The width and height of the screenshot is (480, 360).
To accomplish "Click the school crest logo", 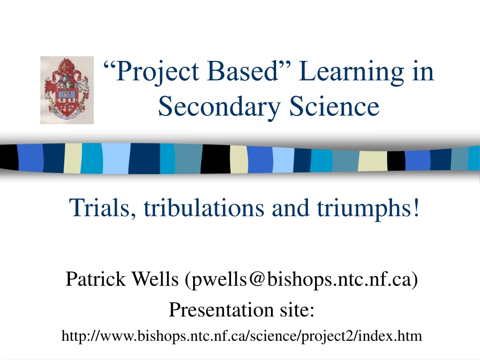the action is (67, 90).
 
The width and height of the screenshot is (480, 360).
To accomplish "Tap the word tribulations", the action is (204, 207).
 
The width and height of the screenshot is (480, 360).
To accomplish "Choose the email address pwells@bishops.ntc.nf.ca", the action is (301, 279).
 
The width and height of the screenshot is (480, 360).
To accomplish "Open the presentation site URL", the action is (242, 336).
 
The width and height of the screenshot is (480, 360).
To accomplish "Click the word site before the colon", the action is (294, 309).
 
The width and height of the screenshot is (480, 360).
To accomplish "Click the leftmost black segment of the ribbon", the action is (9, 157).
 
